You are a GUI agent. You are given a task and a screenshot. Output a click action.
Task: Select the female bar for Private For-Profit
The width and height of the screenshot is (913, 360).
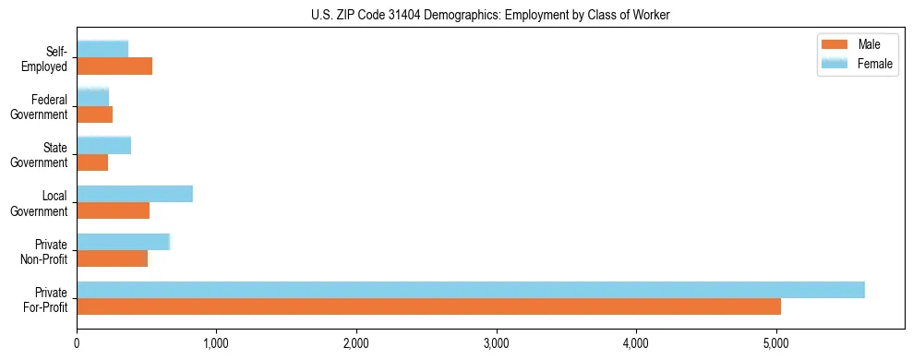(x=471, y=290)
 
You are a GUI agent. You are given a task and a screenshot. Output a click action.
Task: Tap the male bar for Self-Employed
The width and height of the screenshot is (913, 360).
(x=114, y=66)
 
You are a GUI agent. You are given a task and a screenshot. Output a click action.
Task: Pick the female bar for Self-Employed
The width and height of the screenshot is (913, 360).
(x=102, y=49)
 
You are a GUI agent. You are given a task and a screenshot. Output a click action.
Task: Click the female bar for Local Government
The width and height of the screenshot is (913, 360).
(x=135, y=194)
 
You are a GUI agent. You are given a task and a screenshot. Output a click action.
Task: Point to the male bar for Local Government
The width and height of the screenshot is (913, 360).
(x=113, y=210)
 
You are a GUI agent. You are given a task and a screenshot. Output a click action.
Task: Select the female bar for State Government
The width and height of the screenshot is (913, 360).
(x=103, y=145)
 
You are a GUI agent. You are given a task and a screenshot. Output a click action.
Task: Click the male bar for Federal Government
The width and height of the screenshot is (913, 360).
(x=94, y=114)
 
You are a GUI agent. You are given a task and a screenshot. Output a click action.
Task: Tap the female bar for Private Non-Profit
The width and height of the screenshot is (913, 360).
(x=123, y=242)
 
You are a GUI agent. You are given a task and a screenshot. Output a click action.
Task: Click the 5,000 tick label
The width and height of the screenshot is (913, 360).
(x=776, y=344)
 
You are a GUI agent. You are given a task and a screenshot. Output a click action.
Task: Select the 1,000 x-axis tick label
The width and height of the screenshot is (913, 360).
(x=216, y=344)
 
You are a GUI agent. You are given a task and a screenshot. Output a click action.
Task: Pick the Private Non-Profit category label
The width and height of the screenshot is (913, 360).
(x=45, y=251)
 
